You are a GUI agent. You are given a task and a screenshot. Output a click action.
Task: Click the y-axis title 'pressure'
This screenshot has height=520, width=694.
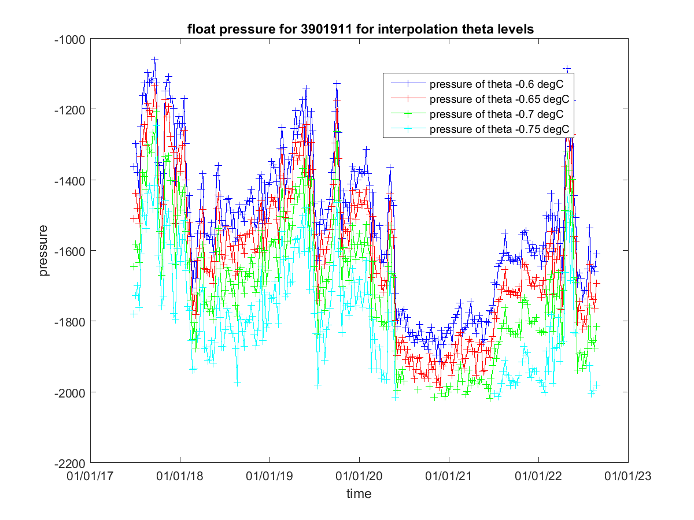tap(44, 251)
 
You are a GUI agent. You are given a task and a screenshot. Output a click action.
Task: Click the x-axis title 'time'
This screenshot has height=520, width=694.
tap(359, 493)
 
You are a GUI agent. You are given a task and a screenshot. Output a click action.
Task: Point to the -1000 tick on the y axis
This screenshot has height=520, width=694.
tap(69, 39)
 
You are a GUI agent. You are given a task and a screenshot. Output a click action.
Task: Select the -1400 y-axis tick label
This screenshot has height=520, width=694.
tap(69, 180)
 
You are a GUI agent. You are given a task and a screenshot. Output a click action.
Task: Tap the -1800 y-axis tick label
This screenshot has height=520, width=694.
tap(69, 322)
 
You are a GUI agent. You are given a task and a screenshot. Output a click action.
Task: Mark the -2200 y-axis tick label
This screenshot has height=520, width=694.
tap(69, 463)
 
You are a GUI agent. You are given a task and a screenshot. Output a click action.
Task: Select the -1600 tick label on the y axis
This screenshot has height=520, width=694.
tap(69, 251)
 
